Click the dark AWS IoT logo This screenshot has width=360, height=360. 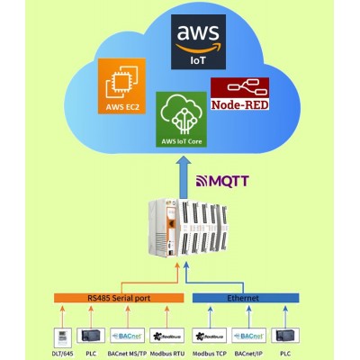tap(196, 45)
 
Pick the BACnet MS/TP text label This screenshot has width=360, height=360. tap(126, 352)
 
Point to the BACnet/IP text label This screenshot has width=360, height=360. tap(249, 352)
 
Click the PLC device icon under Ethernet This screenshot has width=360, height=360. tap(285, 335)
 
